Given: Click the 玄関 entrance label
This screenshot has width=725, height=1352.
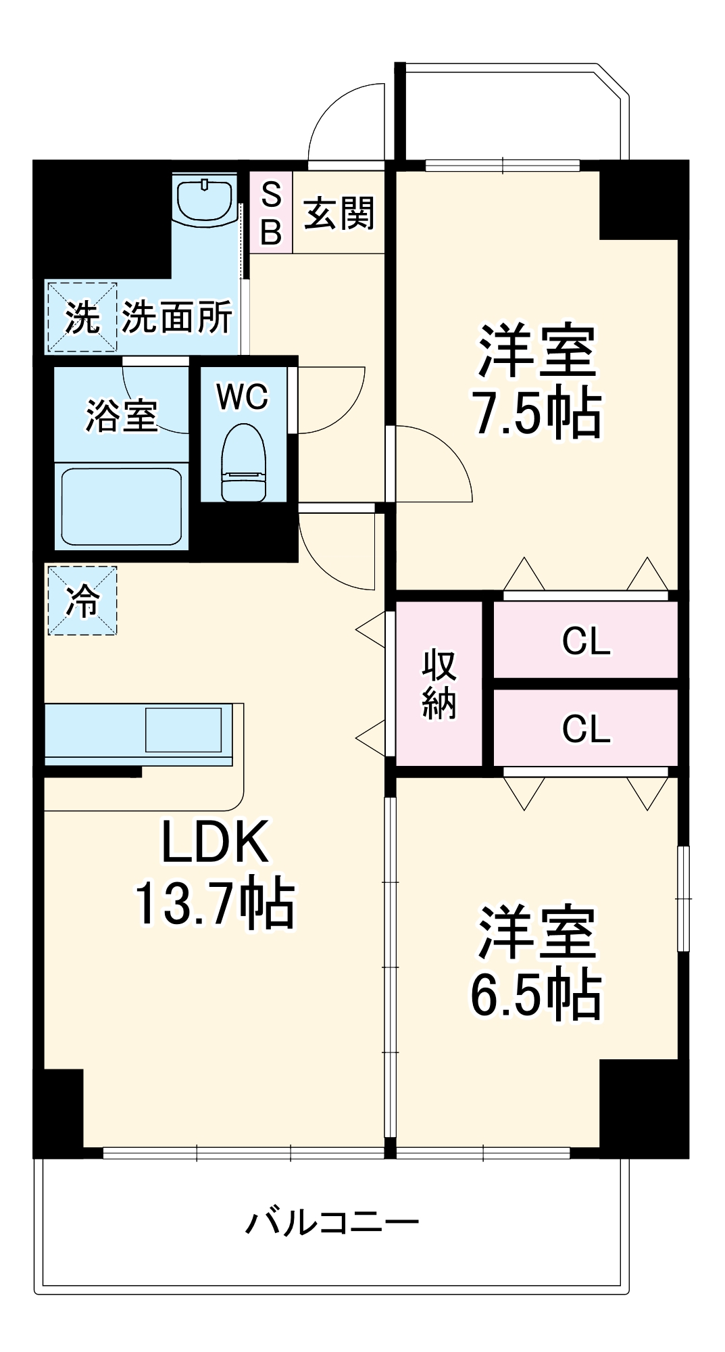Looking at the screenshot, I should pyautogui.click(x=339, y=213).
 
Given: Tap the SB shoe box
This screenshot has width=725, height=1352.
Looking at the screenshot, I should pyautogui.click(x=271, y=214).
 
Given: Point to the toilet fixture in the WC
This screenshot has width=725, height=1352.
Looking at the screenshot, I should pyautogui.click(x=243, y=462).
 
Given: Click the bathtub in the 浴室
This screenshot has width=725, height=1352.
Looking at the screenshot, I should pyautogui.click(x=122, y=506).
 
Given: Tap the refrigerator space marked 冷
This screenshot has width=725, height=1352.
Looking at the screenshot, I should pyautogui.click(x=82, y=600).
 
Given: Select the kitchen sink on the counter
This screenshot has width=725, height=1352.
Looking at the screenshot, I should pyautogui.click(x=184, y=729).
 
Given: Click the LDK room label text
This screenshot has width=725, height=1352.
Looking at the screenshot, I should pyautogui.click(x=215, y=842).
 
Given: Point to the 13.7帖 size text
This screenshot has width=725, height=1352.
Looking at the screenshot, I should pyautogui.click(x=215, y=903).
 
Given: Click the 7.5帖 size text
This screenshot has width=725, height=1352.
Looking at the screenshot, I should pyautogui.click(x=537, y=413).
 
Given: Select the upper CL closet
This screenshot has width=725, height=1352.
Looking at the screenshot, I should pyautogui.click(x=586, y=640).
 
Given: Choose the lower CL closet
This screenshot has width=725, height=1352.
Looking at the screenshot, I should pyautogui.click(x=586, y=728).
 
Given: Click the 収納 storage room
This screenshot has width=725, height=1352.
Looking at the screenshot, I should pyautogui.click(x=439, y=684).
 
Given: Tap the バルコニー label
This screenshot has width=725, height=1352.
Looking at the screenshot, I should pyautogui.click(x=332, y=1222).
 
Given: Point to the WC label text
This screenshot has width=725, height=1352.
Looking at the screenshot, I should pyautogui.click(x=243, y=397).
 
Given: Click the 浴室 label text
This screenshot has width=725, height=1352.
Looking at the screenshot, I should pyautogui.click(x=122, y=415).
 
